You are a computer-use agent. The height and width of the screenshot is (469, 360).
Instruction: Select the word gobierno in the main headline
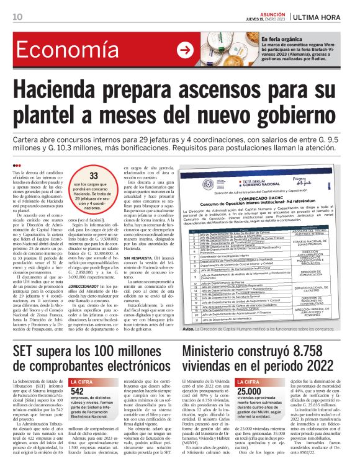302,116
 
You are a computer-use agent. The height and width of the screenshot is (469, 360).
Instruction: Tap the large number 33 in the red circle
94,176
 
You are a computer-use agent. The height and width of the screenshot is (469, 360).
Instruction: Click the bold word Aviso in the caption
189,329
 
